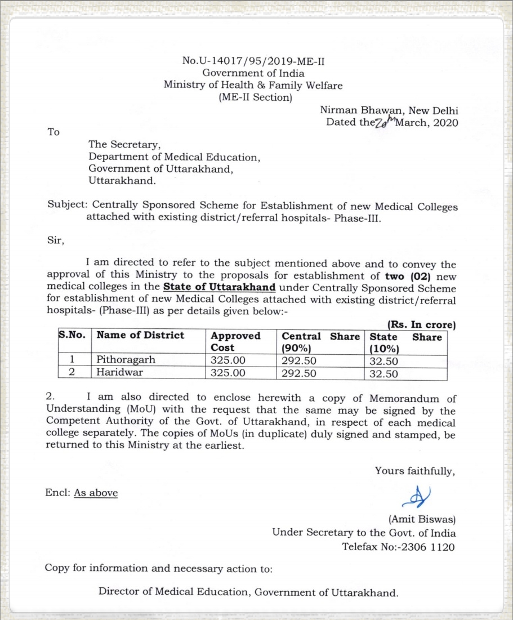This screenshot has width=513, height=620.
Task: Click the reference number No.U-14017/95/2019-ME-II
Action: (x=253, y=60)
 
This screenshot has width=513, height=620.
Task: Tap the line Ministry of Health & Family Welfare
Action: (x=253, y=85)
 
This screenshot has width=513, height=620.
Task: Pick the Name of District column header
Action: (x=140, y=335)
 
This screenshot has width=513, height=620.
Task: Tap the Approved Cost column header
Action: (x=235, y=341)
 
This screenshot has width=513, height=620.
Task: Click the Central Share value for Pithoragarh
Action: (x=298, y=360)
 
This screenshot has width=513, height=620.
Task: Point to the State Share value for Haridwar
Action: (x=383, y=373)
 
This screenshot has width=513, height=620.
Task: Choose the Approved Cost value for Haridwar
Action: (x=228, y=373)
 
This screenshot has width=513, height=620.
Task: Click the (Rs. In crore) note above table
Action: (x=421, y=324)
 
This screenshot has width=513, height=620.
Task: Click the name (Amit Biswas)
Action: (x=422, y=519)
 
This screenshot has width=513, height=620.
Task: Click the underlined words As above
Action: (x=96, y=493)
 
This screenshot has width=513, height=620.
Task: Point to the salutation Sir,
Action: (x=56, y=241)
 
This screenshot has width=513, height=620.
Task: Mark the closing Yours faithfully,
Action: (x=415, y=471)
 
